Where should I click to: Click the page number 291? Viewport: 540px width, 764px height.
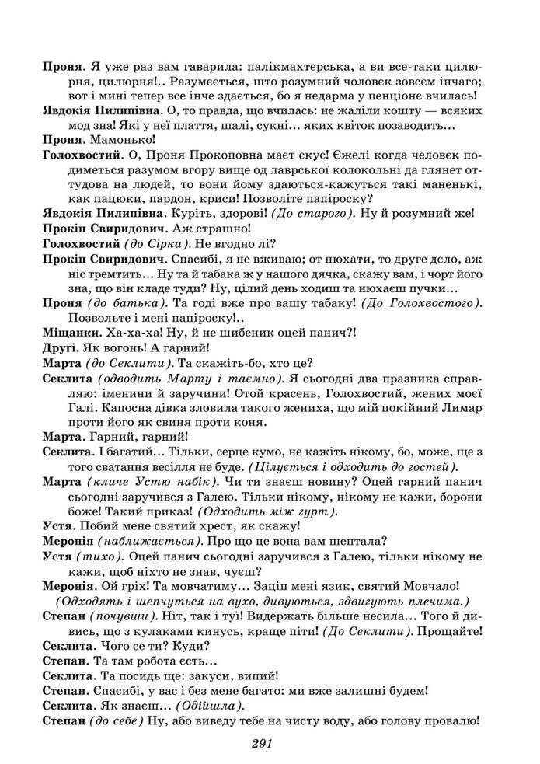click(x=260, y=744)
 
